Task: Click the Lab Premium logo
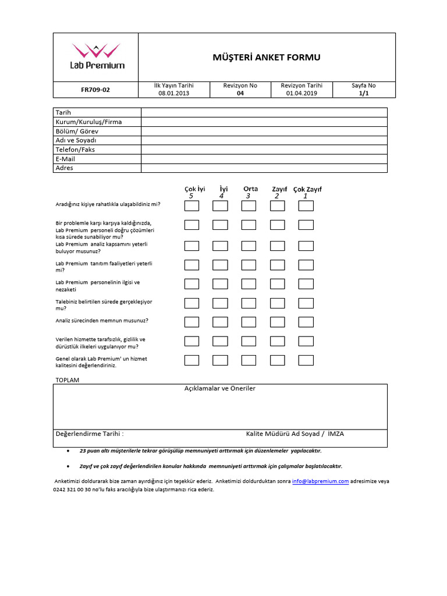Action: tap(97, 56)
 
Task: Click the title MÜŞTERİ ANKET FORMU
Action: tap(267, 57)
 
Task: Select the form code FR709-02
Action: tap(95, 90)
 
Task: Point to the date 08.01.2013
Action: tap(173, 93)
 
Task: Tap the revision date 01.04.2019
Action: tap(301, 93)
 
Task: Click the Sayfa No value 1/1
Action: tap(364, 93)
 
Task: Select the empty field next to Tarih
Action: tap(264, 112)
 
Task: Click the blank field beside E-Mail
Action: tap(264, 159)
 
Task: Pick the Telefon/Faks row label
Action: tap(75, 150)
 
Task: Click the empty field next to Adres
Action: tap(264, 168)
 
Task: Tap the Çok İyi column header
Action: tap(194, 189)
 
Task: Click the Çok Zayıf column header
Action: tap(307, 189)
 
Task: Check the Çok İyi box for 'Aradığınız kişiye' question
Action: tap(191, 205)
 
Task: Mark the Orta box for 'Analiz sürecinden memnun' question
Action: tap(249, 322)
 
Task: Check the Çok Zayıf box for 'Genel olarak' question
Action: tap(306, 360)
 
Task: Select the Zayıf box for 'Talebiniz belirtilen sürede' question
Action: tap(277, 303)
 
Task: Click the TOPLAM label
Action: tap(67, 380)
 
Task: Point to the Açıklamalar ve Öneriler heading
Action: tap(220, 388)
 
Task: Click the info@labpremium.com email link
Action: tap(320, 481)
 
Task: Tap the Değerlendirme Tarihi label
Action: tap(89, 434)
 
